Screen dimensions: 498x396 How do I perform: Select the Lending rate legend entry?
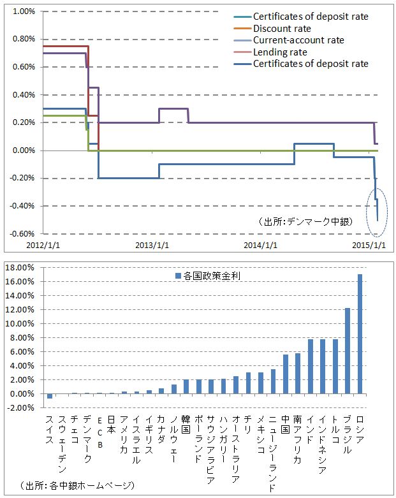coord(280,52)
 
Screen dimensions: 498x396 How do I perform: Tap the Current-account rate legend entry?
coord(298,40)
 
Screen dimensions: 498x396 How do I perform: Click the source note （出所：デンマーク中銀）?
coord(309,222)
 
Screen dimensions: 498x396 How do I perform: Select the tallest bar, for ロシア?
coord(360,334)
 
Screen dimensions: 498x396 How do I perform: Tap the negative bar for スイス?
coord(50,396)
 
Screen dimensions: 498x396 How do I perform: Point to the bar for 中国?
coord(285,374)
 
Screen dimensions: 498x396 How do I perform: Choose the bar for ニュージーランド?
coord(273,381)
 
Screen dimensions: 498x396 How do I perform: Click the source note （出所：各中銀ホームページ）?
coord(77,486)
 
